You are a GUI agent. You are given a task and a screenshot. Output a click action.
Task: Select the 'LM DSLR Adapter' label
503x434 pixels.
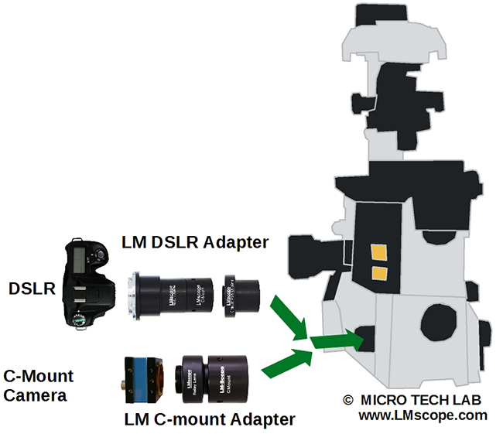click(195, 242)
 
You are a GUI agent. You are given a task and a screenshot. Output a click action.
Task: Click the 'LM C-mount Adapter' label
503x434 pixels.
click(210, 419)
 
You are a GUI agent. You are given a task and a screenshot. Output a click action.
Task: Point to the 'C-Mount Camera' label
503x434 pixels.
click(39, 385)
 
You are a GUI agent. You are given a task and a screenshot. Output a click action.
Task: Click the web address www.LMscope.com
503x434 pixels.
click(423, 415)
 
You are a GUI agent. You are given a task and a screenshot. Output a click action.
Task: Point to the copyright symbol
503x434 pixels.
click(347, 401)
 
